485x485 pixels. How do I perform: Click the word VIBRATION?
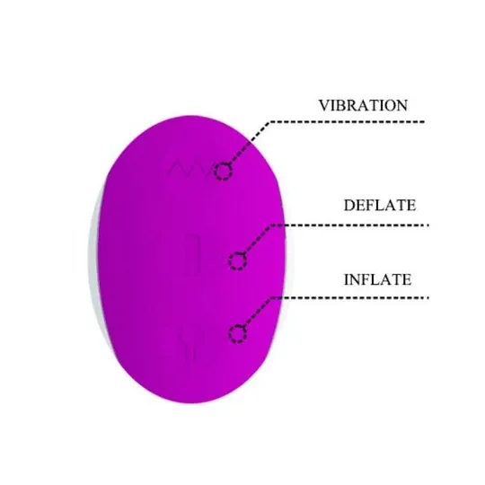pyautogui.click(x=363, y=105)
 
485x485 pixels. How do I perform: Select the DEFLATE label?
pyautogui.click(x=380, y=206)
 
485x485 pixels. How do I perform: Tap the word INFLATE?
pyautogui.click(x=377, y=279)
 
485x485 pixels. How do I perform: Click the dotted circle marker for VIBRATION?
pyautogui.click(x=224, y=172)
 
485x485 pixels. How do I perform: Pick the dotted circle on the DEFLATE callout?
pyautogui.click(x=237, y=261)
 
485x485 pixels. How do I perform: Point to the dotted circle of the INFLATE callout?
pyautogui.click(x=237, y=333)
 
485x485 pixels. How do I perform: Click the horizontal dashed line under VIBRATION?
pyautogui.click(x=347, y=122)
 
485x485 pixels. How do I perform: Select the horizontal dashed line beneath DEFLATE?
pyautogui.click(x=349, y=225)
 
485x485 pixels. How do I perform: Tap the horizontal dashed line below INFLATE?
pyautogui.click(x=349, y=298)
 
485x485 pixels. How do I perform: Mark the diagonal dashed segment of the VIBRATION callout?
pyautogui.click(x=250, y=143)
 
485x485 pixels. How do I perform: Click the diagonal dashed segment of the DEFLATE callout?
pyautogui.click(x=258, y=240)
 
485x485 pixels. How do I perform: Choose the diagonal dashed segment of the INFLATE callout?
pyautogui.click(x=258, y=313)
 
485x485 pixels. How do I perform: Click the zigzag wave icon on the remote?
pyautogui.click(x=190, y=168)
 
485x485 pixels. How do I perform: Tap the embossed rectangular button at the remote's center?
pyautogui.click(x=191, y=254)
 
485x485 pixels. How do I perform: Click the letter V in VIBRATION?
pyautogui.click(x=324, y=105)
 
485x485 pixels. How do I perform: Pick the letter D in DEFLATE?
pyautogui.click(x=349, y=206)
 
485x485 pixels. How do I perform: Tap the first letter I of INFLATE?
pyautogui.click(x=347, y=279)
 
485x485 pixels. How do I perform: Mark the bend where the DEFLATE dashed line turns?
pyautogui.click(x=271, y=225)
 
